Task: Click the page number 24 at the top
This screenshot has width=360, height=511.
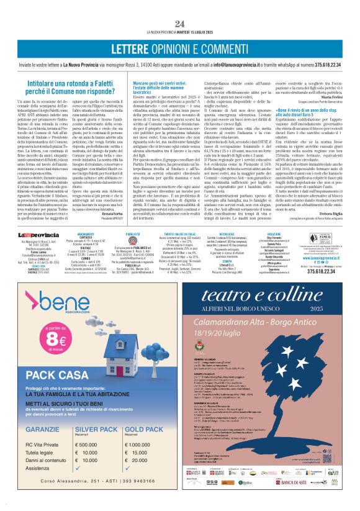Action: pos(180,24)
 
